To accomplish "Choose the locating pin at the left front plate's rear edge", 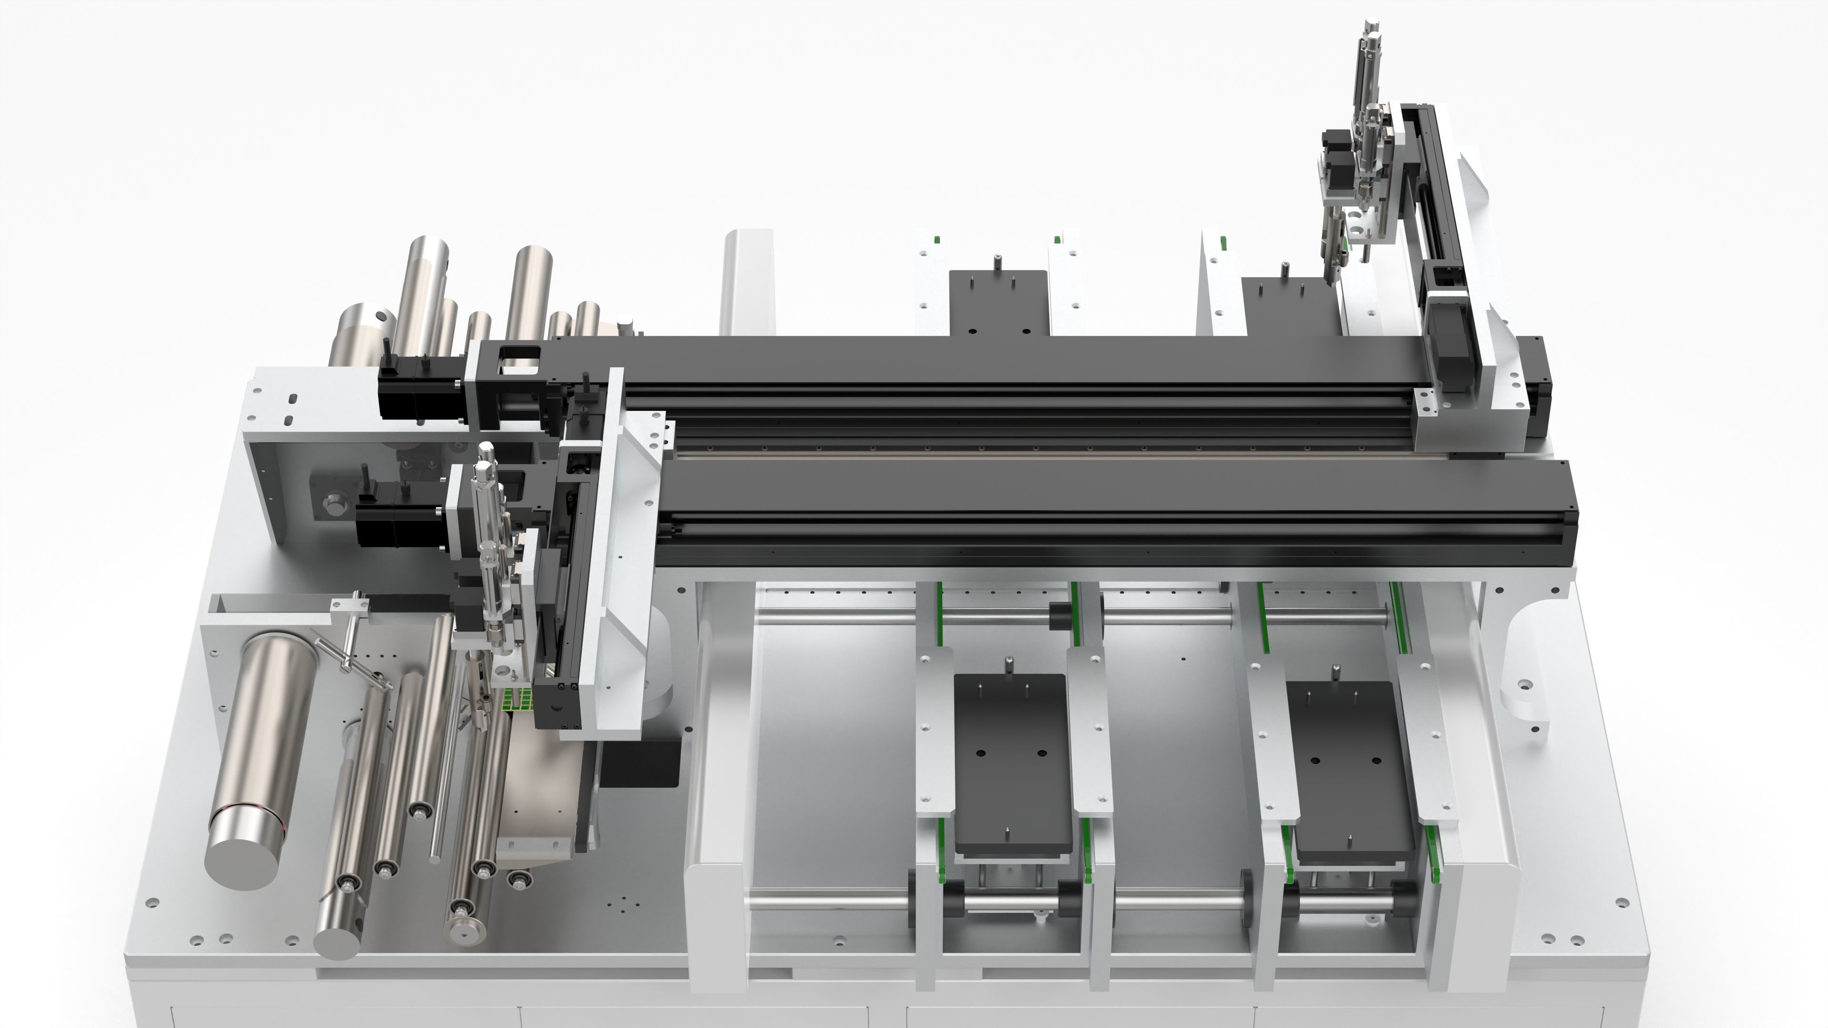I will click(1008, 665).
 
